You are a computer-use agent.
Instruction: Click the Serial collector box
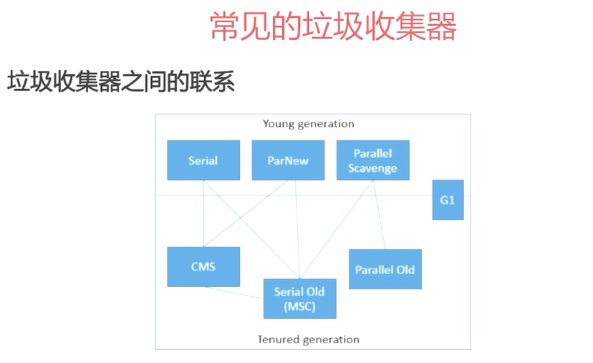coord(203,160)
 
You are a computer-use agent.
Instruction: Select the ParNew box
coord(288,160)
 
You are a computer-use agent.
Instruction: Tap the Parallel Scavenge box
coord(372,160)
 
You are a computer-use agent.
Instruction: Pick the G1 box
coord(448,200)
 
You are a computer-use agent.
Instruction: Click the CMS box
coord(203,267)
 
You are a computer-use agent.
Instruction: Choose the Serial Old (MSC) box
coord(299,299)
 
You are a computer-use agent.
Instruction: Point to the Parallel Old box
coord(385,269)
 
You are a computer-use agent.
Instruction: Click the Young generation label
coord(308,124)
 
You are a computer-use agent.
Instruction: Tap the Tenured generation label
coord(308,339)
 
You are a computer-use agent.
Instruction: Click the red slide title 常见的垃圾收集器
coord(333,28)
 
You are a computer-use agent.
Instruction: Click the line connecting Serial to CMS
coord(203,215)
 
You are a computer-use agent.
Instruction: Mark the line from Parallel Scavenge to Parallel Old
coord(380,215)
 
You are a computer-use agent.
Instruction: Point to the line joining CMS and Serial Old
coord(233,292)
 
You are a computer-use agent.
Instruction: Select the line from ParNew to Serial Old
coord(296,229)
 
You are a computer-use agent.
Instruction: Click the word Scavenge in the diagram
coord(372,169)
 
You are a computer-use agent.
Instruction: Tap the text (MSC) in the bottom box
coord(299,308)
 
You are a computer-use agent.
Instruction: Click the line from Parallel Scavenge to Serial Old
coord(337,229)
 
